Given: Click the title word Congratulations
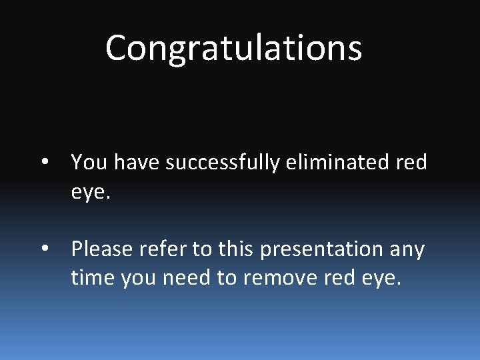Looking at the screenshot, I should click(233, 48).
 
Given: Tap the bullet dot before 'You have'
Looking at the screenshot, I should click(44, 162).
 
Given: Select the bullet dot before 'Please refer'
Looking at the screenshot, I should click(44, 249).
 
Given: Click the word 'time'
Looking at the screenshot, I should click(93, 277).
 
